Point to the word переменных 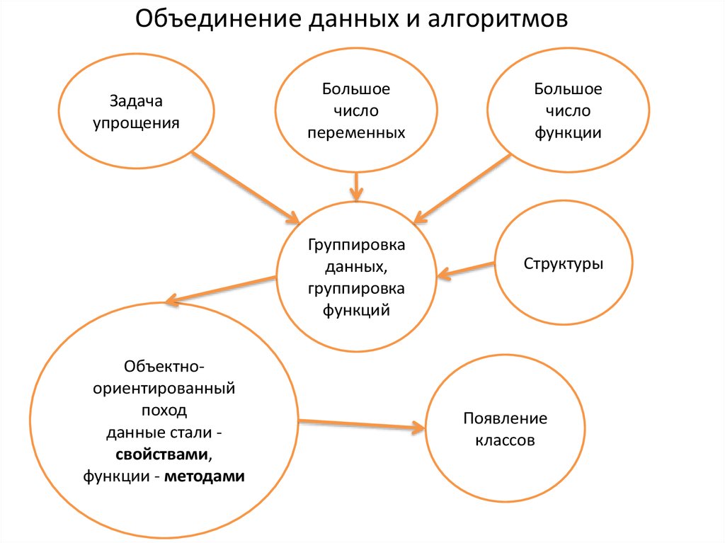pyautogui.click(x=356, y=132)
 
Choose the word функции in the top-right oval pyautogui.click(x=568, y=132)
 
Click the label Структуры pyautogui.click(x=564, y=264)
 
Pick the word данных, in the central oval pyautogui.click(x=356, y=267)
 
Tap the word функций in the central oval pyautogui.click(x=356, y=309)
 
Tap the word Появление pyautogui.click(x=505, y=418)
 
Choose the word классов pyautogui.click(x=505, y=440)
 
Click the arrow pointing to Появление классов pyautogui.click(x=361, y=425)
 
